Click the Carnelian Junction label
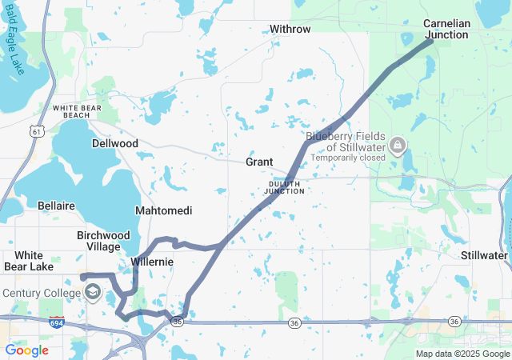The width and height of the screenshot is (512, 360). [x=446, y=29]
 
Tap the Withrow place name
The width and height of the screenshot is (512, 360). [x=290, y=29]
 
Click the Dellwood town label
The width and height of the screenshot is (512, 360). [x=114, y=144]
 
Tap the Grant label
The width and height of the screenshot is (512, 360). [x=259, y=162]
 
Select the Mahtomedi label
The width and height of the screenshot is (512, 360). [x=163, y=211]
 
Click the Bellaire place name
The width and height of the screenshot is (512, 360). [x=56, y=206]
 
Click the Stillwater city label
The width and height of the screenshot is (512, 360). [x=484, y=255]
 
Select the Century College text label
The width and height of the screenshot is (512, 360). [x=40, y=293]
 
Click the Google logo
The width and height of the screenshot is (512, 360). [x=26, y=350]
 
